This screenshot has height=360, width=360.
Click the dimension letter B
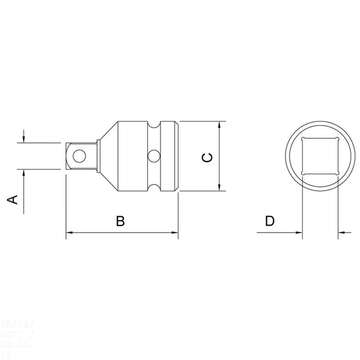pos(120,221)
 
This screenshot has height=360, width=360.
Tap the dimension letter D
pos(270,221)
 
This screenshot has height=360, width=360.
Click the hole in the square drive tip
pos(79,156)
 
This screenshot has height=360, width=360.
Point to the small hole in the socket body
pos(154,156)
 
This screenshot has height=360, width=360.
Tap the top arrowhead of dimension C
pos(220,125)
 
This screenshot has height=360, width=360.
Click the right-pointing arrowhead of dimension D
pos(299,233)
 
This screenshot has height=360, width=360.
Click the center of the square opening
pos(320,156)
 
